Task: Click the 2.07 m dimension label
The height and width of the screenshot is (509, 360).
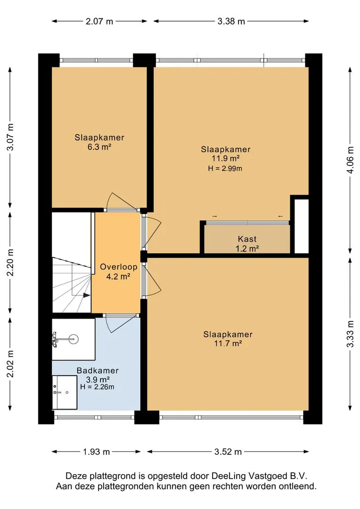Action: (99, 21)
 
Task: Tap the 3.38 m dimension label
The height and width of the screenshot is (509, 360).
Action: (231, 21)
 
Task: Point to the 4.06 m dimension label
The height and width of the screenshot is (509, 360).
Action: (350, 160)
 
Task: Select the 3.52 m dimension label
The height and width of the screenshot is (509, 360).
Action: (228, 452)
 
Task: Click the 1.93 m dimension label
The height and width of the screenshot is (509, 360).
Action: (97, 452)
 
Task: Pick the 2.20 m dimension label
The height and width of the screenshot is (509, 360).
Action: (10, 263)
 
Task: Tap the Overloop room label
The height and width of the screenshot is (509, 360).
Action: (118, 267)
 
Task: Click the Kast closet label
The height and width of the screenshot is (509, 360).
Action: (247, 239)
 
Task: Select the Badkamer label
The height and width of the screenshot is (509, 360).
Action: (98, 370)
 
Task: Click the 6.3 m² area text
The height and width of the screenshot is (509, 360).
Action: (99, 147)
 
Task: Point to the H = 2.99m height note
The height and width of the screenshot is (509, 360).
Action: (225, 168)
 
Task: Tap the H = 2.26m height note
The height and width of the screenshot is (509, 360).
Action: (97, 387)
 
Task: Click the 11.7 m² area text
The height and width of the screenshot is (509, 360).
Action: (228, 343)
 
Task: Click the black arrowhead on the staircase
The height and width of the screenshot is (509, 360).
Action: (86, 295)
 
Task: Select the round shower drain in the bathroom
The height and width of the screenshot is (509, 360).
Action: (74, 339)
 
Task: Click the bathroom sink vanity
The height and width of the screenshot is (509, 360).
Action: (65, 393)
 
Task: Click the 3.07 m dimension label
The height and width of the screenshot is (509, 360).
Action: (10, 137)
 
